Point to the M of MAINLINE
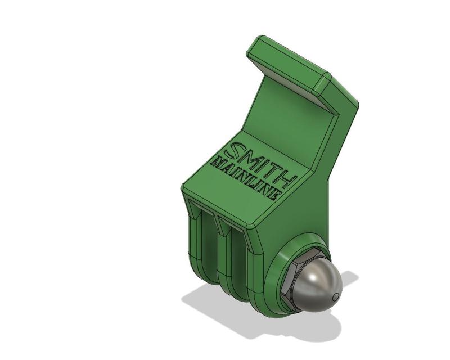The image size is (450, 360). [217, 163]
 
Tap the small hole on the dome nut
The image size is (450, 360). [335, 296]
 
